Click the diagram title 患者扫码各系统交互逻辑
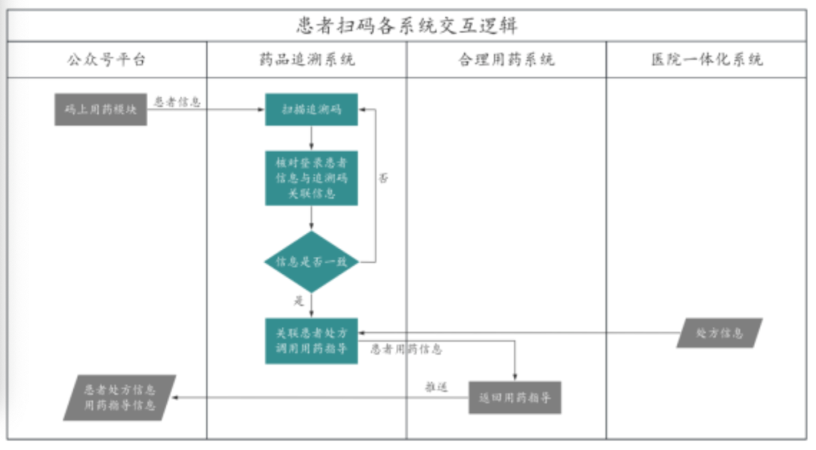click(406, 26)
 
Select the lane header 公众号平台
click(107, 60)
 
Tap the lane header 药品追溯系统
click(306, 60)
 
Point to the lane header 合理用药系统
click(506, 60)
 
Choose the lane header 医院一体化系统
click(706, 60)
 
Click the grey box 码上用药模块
click(100, 109)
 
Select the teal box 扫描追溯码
click(311, 109)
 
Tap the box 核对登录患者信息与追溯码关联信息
click(311, 178)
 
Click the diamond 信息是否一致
click(311, 262)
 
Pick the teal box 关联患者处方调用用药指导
click(311, 341)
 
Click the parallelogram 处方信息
click(719, 333)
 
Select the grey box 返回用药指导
click(515, 397)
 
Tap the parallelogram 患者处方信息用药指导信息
click(119, 397)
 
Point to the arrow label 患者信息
click(178, 102)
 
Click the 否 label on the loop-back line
click(384, 179)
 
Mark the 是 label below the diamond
click(298, 301)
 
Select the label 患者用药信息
click(406, 350)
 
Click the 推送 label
click(436, 387)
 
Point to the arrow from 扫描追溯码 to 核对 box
click(311, 138)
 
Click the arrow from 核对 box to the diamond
click(311, 218)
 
